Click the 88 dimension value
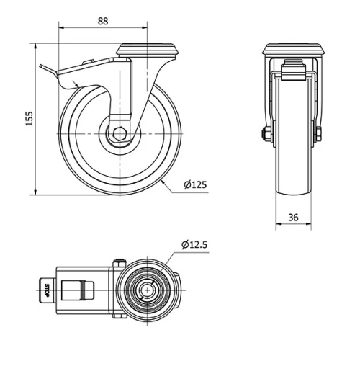click(x=103, y=21)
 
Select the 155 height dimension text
click(x=29, y=119)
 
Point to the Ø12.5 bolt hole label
click(x=194, y=245)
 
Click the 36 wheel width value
click(x=294, y=217)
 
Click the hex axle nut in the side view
click(x=120, y=134)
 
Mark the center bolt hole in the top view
click(x=147, y=291)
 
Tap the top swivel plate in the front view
click(x=294, y=50)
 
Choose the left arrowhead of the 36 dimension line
click(x=278, y=226)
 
